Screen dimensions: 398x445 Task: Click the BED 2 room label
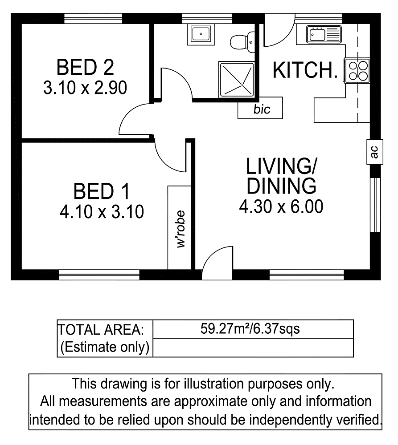pyautogui.click(x=85, y=67)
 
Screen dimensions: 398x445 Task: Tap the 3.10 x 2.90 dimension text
pyautogui.click(x=85, y=88)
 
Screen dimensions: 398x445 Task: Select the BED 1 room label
pyautogui.click(x=102, y=191)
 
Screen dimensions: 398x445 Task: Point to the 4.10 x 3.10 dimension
pyautogui.click(x=102, y=212)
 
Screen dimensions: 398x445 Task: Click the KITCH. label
pyautogui.click(x=305, y=70)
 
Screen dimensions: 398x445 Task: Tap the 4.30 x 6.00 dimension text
pyautogui.click(x=281, y=206)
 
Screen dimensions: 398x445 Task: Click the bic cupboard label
pyautogui.click(x=262, y=109)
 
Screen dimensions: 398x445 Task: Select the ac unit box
pyautogui.click(x=375, y=152)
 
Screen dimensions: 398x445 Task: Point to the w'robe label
pyautogui.click(x=181, y=229)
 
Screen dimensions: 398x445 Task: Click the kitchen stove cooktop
pyautogui.click(x=357, y=71)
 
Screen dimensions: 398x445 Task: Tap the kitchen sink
pyautogui.click(x=324, y=35)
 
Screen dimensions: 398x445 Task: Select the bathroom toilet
pyautogui.click(x=242, y=42)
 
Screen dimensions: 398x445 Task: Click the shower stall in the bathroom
pyautogui.click(x=237, y=79)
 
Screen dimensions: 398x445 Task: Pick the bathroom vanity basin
pyautogui.click(x=201, y=35)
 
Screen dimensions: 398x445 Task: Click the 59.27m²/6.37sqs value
pyautogui.click(x=250, y=329)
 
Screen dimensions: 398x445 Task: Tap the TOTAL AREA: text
pyautogui.click(x=101, y=330)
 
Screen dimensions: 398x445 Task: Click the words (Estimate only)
pyautogui.click(x=105, y=347)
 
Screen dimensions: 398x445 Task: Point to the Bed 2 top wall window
pyautogui.click(x=93, y=19)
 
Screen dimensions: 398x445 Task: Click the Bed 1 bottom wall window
pyautogui.click(x=99, y=275)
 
